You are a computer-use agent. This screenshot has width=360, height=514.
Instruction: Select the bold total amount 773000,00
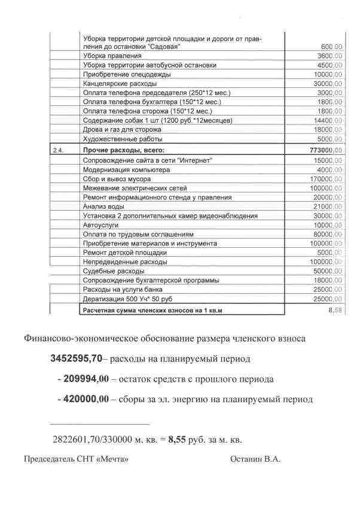(323, 150)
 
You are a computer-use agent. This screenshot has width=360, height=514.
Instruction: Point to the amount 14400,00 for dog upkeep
(327, 121)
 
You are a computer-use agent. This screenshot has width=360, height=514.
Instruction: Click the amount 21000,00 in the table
(327, 206)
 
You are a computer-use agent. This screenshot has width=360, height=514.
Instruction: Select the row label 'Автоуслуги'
(101, 225)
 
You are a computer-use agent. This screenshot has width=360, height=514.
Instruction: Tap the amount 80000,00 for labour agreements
(327, 234)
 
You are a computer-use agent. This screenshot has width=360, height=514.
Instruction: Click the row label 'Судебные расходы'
(110, 271)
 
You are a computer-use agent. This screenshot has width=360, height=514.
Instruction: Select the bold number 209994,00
(83, 379)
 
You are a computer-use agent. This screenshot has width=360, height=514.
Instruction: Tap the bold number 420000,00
(83, 399)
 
